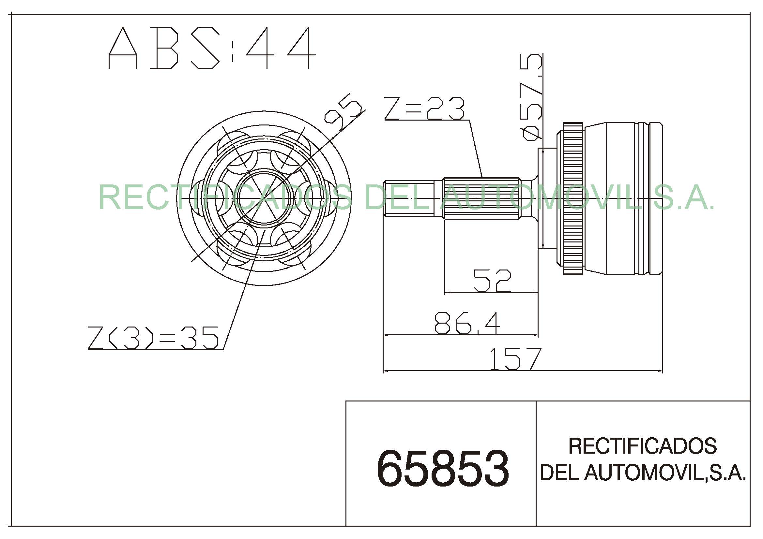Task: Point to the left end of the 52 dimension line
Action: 445,293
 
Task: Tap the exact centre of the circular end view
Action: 264,198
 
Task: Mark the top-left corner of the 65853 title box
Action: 346,401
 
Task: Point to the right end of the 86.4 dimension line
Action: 538,335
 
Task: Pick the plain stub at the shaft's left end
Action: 409,198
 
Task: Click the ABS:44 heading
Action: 212,48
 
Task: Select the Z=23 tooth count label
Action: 424,108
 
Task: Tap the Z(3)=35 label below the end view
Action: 153,338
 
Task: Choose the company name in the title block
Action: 643,459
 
